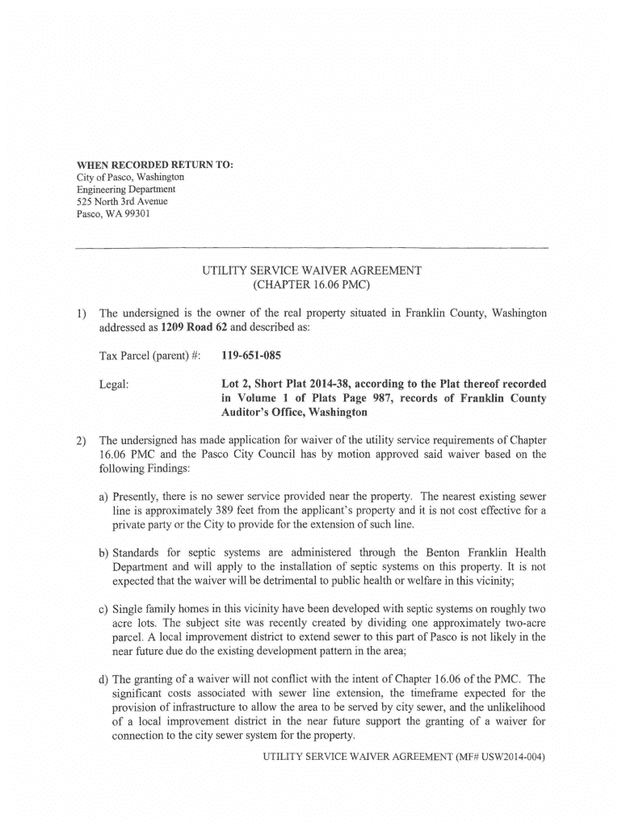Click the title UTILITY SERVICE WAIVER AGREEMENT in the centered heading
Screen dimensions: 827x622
pos(312,271)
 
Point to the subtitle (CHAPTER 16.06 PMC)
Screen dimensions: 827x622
pos(311,285)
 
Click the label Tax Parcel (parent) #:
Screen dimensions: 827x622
pos(149,355)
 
